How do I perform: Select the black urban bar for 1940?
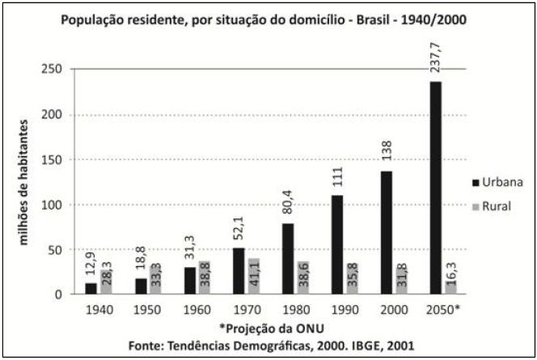91,288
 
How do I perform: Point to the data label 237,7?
438,56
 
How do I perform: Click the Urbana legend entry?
499,182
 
